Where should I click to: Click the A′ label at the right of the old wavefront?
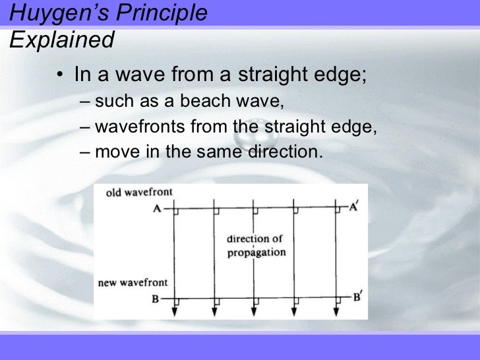355,206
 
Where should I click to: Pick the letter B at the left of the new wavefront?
156,299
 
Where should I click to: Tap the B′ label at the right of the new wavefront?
357,297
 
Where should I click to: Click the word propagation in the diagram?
256,253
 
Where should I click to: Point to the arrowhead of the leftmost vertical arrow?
173,311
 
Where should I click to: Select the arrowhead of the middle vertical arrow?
254,311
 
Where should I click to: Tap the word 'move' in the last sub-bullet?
116,152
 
